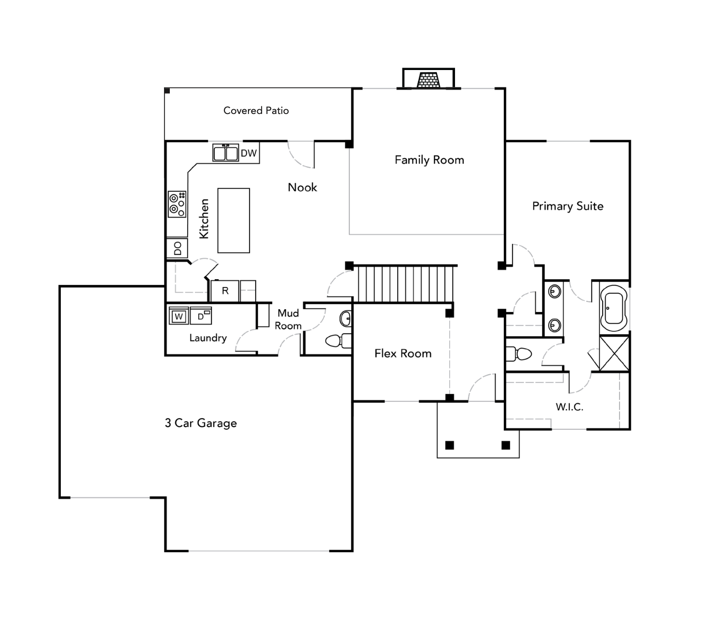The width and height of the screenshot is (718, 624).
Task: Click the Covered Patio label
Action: (x=256, y=111)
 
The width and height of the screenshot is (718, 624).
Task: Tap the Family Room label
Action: (x=429, y=160)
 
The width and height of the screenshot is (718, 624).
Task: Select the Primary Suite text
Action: (x=568, y=206)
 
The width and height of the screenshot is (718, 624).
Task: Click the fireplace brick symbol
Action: (x=428, y=80)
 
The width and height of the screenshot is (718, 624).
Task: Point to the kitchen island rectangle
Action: (x=234, y=221)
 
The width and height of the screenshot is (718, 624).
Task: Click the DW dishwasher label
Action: (x=249, y=153)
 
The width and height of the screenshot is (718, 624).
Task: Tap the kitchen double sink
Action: (x=226, y=153)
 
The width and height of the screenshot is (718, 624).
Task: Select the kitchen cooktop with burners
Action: (x=177, y=204)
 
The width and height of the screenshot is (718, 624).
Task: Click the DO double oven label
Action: (x=178, y=248)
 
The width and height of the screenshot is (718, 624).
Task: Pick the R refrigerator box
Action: (x=225, y=291)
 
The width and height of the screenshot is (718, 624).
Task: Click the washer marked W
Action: (x=179, y=316)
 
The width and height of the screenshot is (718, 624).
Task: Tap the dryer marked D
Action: (x=201, y=316)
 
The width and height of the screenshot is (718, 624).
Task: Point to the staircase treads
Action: (x=405, y=284)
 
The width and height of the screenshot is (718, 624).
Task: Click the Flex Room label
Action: (x=403, y=354)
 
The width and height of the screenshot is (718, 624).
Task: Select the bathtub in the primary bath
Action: (x=614, y=308)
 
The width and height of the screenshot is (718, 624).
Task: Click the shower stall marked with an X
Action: (x=614, y=353)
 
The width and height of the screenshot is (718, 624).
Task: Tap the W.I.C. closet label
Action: (x=569, y=407)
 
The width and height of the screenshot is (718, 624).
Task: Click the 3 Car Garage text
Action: (x=201, y=423)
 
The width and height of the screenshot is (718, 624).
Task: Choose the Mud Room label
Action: (x=288, y=320)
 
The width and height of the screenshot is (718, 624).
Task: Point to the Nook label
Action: (x=302, y=187)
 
